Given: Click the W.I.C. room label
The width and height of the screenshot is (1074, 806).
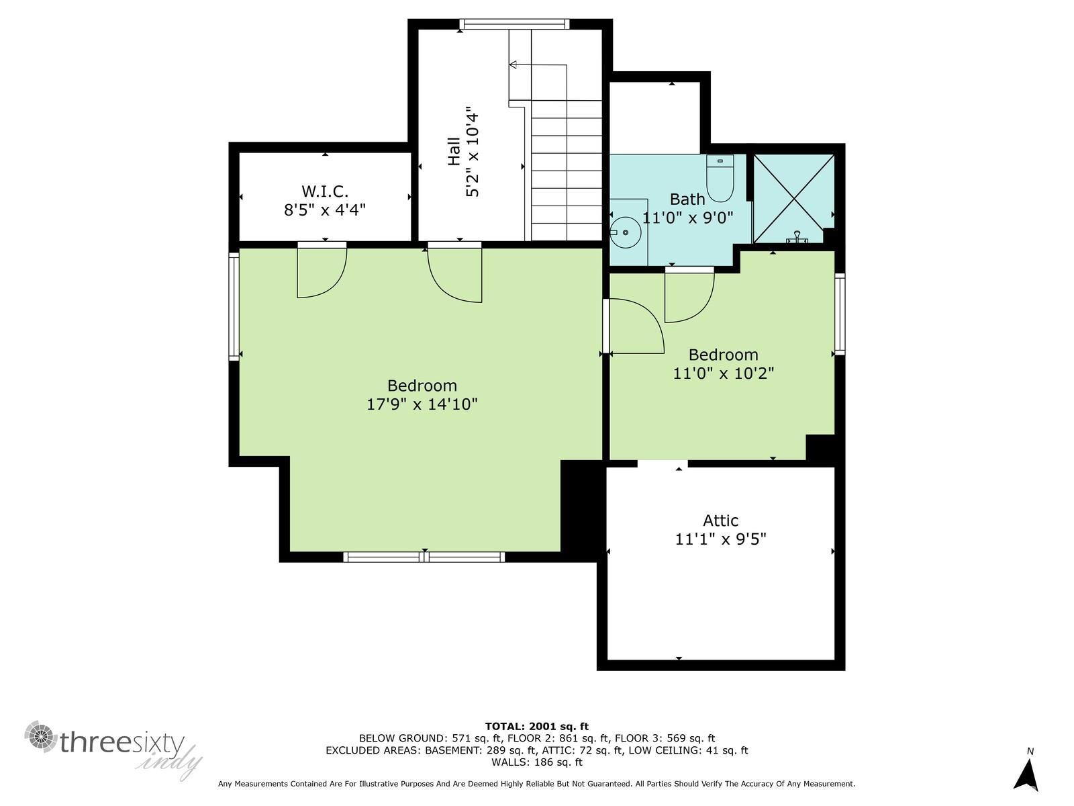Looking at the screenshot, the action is (x=325, y=191).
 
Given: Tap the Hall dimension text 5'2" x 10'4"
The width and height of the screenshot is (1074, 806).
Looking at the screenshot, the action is (x=472, y=152).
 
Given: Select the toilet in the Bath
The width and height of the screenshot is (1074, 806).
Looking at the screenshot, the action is (x=720, y=179).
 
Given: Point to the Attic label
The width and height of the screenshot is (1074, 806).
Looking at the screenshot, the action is (x=721, y=520).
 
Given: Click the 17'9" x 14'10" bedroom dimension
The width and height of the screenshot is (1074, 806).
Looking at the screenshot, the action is (x=422, y=404).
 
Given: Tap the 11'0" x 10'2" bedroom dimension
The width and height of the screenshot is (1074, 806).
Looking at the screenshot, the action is (x=724, y=373).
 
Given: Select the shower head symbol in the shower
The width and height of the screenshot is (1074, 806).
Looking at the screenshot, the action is (x=797, y=237).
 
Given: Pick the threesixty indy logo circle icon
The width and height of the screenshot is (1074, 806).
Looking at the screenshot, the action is (x=41, y=736).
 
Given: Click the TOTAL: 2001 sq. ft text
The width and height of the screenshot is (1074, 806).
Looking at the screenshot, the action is (x=537, y=726).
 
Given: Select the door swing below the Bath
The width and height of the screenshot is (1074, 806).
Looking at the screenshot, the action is (x=689, y=295).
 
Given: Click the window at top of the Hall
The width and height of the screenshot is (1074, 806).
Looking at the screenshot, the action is (x=514, y=24).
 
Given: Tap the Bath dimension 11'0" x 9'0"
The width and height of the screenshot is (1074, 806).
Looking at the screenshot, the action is (x=687, y=218).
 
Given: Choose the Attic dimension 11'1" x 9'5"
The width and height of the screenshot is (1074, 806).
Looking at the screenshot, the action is (x=721, y=539).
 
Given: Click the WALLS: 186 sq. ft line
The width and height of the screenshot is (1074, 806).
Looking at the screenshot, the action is (x=537, y=762).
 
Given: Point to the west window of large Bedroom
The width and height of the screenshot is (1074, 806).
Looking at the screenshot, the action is (x=234, y=306).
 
